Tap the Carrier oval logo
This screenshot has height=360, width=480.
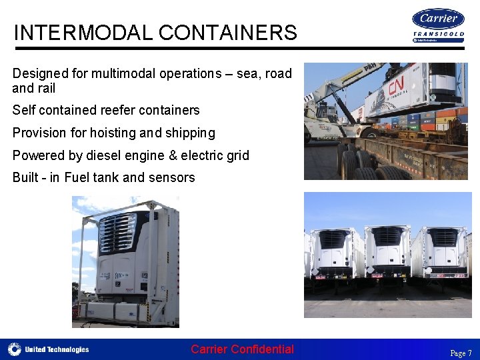[438, 19]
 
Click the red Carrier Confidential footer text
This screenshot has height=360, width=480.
[242, 349]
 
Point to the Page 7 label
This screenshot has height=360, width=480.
[461, 353]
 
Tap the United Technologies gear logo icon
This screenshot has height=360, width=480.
[15, 349]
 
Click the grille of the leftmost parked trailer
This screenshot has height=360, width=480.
[332, 239]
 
